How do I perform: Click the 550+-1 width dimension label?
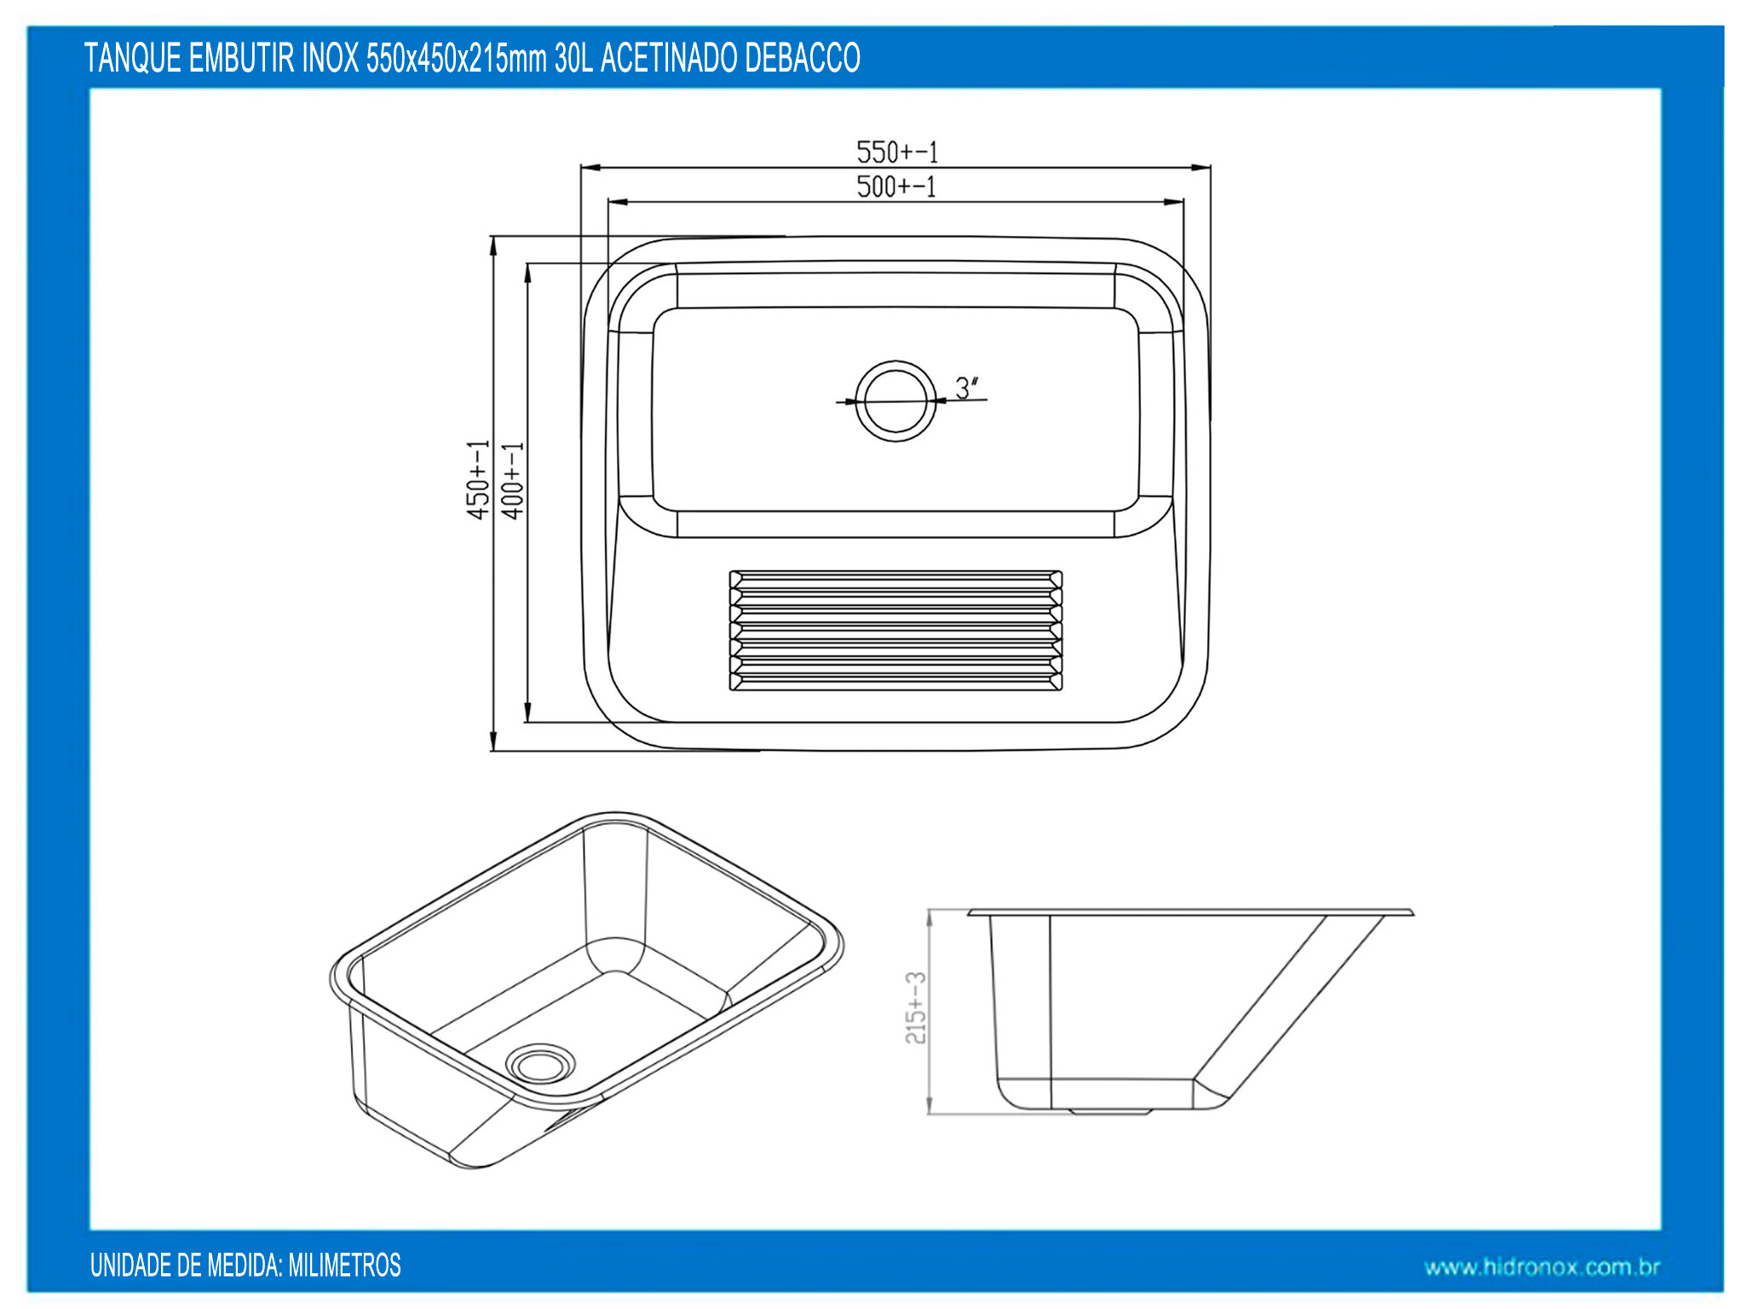coord(897,153)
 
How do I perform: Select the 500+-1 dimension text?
coord(896,187)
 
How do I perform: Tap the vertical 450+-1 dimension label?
coord(478,480)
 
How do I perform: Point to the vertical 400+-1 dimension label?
coord(512,481)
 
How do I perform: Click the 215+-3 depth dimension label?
coord(915,1007)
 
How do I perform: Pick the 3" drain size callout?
coord(967,388)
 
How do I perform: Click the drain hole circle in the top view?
coord(896,401)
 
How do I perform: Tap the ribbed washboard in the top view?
coord(896,630)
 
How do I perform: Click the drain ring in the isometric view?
coord(540,1063)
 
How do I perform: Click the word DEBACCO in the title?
coord(803,58)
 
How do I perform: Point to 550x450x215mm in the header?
coord(456,58)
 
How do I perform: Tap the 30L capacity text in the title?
coord(573,58)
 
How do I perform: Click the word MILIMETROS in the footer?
coord(344,1265)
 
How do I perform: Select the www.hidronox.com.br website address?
coord(1542,1267)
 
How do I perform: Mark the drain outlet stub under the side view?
coord(1110,1111)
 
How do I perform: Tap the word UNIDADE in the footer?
coord(130,1265)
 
